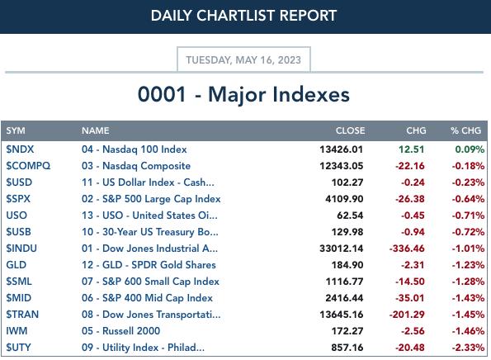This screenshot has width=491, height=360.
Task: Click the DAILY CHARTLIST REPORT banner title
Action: (x=243, y=16)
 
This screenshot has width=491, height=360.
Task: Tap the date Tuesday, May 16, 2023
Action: (x=243, y=59)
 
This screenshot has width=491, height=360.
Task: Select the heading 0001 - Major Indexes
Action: (x=243, y=94)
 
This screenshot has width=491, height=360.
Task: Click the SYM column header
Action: (x=16, y=130)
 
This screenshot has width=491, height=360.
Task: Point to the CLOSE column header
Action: (x=350, y=130)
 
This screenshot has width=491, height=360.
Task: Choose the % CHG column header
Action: (x=465, y=130)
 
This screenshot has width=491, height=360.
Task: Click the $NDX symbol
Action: (x=20, y=149)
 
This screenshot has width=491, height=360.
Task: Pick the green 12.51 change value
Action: (x=411, y=149)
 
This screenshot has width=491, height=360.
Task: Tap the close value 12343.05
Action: (x=342, y=166)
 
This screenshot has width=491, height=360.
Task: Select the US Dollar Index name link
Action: (x=148, y=182)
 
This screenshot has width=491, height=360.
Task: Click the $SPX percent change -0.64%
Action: (x=468, y=199)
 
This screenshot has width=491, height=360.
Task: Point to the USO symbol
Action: (x=17, y=216)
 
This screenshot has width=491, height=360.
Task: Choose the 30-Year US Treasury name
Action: (x=150, y=232)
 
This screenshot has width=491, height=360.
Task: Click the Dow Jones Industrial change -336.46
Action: (x=407, y=249)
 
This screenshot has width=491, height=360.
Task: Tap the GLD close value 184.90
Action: (x=347, y=265)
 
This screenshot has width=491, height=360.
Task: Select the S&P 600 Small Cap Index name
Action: (x=150, y=282)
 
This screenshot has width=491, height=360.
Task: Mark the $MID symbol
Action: (x=19, y=298)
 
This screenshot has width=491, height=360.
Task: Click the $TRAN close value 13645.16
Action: (x=342, y=315)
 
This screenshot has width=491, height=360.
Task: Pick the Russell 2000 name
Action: (x=120, y=331)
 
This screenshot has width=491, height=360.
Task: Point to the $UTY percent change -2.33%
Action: (x=468, y=348)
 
